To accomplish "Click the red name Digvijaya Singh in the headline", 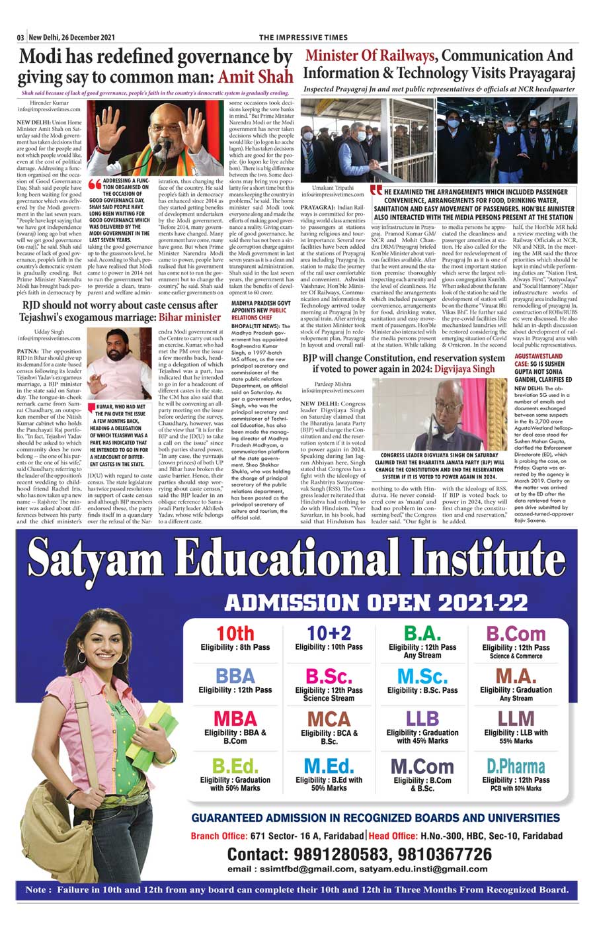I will pos(464,369).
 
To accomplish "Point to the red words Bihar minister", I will pos(188,316).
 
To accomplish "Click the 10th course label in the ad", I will pos(235,633).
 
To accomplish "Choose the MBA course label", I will pos(235,719).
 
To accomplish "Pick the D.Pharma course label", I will pos(516,767).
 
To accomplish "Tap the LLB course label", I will pos(422,719).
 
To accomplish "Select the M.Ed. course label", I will pos(329,767).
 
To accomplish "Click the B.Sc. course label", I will pos(329,676).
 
